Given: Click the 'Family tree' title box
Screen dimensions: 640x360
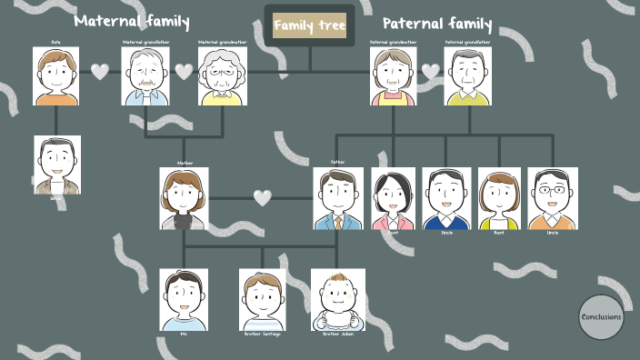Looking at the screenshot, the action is [x=310, y=26].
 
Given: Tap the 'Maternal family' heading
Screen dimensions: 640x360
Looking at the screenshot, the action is [x=132, y=20].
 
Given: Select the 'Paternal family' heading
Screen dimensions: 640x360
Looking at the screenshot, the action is [x=437, y=25].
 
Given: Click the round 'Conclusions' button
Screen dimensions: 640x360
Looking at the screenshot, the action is [x=601, y=317].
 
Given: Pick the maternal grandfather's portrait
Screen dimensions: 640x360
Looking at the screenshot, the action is [x=146, y=76].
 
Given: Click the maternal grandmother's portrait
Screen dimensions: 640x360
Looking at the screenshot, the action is [x=223, y=76].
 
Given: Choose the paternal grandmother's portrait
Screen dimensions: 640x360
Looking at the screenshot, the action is [x=394, y=76].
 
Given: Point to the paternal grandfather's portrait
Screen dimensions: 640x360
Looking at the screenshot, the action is [x=468, y=76].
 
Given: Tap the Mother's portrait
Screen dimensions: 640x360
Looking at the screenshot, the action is [x=184, y=198].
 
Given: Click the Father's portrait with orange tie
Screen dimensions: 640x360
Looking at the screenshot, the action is [x=338, y=198].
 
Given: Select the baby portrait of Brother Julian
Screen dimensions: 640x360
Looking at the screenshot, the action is [x=338, y=299].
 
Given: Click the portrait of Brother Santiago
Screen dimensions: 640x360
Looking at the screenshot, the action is [x=262, y=299].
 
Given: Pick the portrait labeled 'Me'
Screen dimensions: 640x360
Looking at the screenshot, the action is [x=184, y=299].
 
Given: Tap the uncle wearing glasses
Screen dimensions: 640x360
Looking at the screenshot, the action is [x=553, y=198].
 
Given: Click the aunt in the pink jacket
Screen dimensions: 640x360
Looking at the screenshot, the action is [x=393, y=198].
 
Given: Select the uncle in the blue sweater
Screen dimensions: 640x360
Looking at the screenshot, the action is [x=446, y=198].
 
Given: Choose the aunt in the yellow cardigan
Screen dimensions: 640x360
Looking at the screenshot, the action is [x=499, y=198].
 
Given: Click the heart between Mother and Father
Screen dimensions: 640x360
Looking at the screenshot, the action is [x=263, y=197].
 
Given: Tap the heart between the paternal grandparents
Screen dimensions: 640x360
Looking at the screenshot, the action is [x=431, y=71].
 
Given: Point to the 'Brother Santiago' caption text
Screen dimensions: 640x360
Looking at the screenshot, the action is [x=262, y=335].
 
